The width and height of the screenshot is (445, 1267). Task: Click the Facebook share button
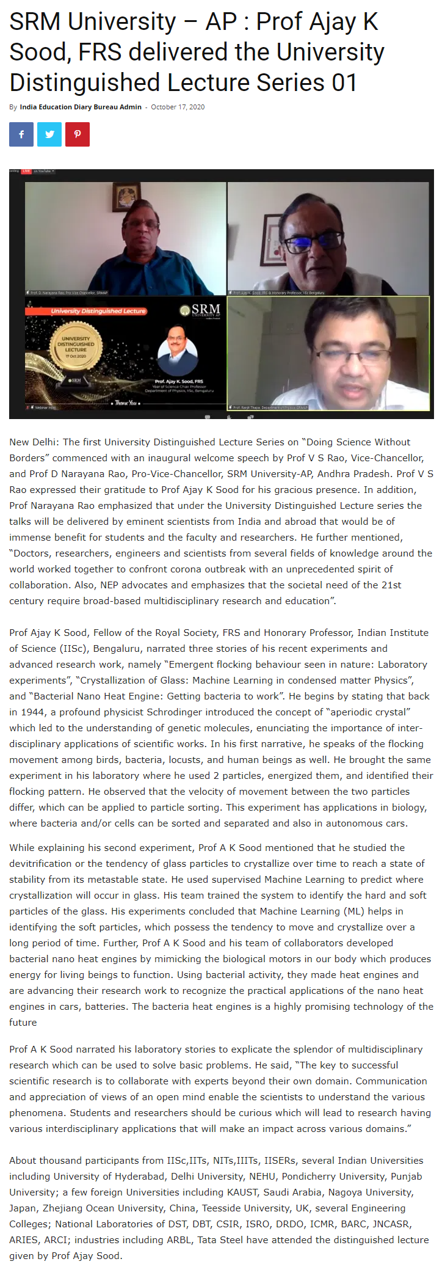click(21, 134)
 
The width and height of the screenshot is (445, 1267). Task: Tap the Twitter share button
click(49, 134)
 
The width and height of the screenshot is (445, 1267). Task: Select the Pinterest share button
click(78, 134)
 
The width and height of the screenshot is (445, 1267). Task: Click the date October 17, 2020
click(178, 107)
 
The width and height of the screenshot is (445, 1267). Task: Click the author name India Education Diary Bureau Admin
click(81, 107)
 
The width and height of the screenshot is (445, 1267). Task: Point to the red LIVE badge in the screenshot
click(26, 172)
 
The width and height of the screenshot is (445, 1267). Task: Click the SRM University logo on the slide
click(200, 311)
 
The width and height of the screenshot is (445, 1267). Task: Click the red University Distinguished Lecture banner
click(98, 311)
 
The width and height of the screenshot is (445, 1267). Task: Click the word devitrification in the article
click(43, 864)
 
